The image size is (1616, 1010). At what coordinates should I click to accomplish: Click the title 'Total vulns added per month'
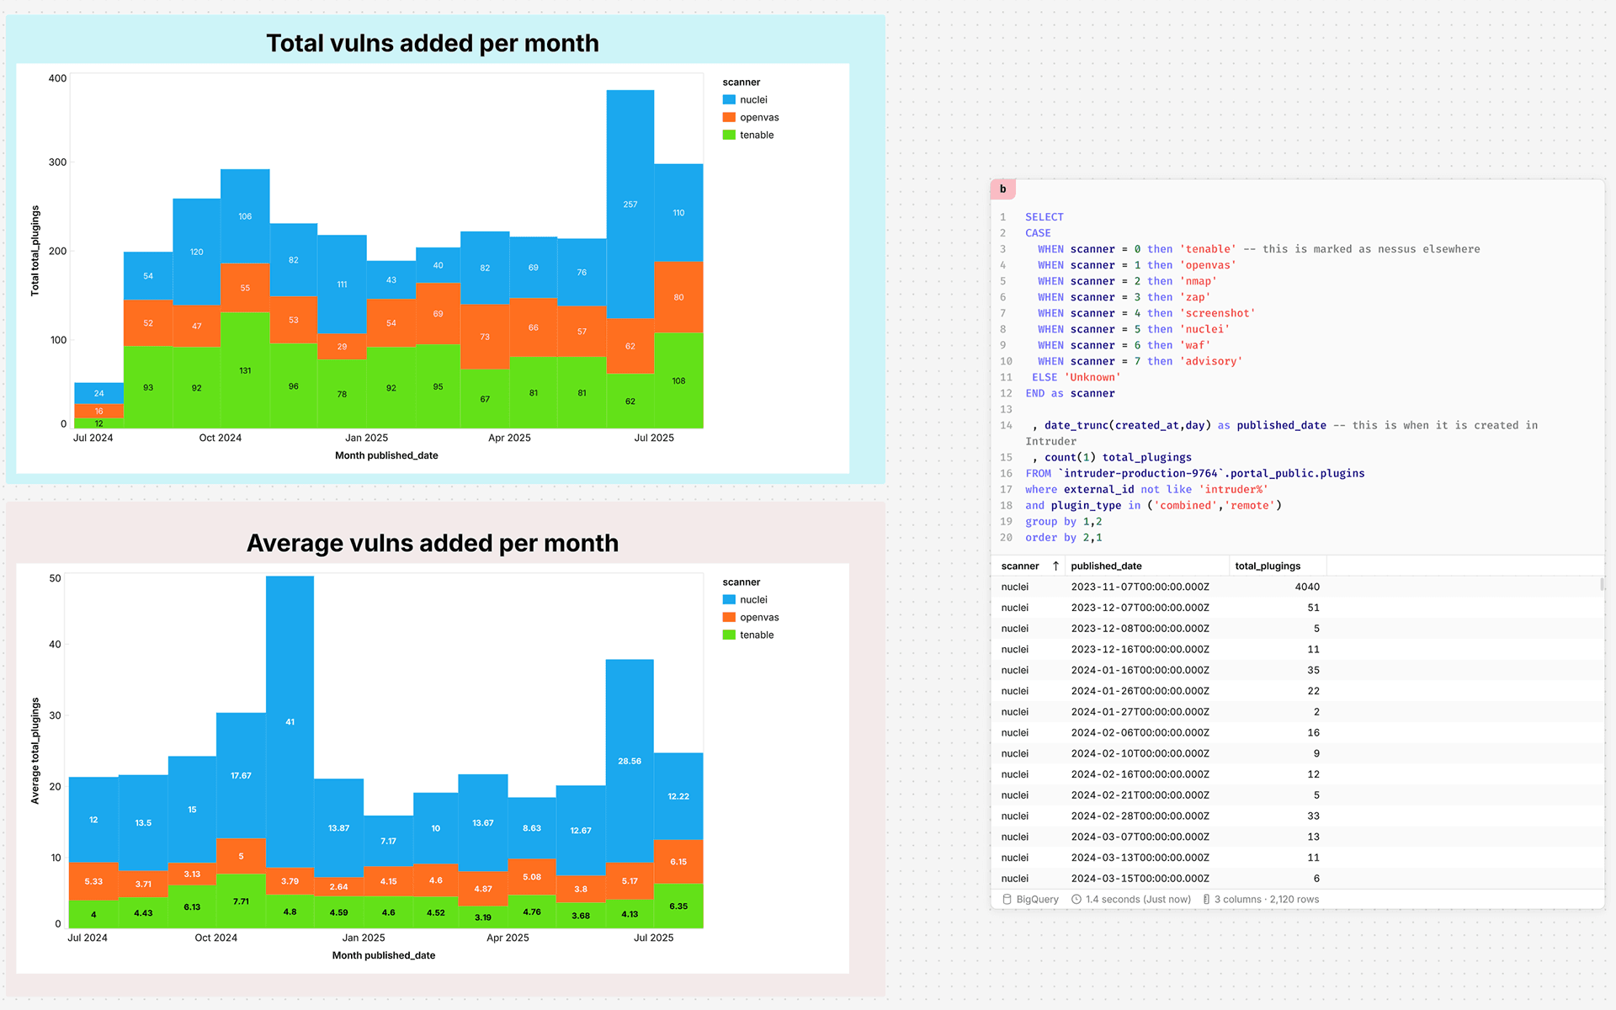coord(433,43)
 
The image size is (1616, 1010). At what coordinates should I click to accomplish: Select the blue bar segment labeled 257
coord(630,205)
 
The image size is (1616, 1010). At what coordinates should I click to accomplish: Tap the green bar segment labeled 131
coord(245,370)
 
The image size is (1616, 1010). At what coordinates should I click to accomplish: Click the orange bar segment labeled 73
coord(485,337)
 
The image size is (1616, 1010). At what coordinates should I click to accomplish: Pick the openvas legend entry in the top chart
coord(751,117)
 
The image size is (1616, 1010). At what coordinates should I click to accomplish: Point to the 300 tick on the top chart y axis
coord(57,162)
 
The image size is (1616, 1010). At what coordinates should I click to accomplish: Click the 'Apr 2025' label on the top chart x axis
coord(509,438)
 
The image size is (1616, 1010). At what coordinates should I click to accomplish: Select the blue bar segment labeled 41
coord(290,722)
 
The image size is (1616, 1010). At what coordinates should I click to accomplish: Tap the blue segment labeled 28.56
coord(630,761)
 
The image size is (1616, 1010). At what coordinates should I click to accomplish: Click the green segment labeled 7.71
coord(241,901)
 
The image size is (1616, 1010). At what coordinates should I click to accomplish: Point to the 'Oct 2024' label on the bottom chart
coord(216,938)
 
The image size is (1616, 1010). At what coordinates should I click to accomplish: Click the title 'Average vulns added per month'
coord(433,543)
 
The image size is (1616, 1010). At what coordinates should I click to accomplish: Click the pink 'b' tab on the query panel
coord(1003,189)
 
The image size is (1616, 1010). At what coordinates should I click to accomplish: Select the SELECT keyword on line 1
coord(1045,217)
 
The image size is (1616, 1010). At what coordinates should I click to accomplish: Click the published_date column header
coord(1106,566)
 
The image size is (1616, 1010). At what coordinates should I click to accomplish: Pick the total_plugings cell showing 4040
coord(1307,587)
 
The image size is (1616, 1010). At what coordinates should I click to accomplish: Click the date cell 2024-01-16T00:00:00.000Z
coord(1140,670)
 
